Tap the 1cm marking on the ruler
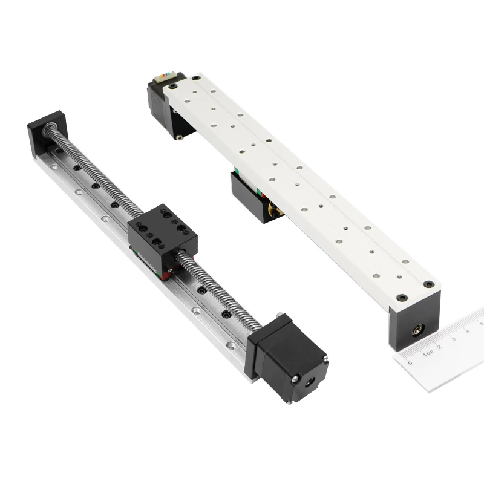[429, 354]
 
